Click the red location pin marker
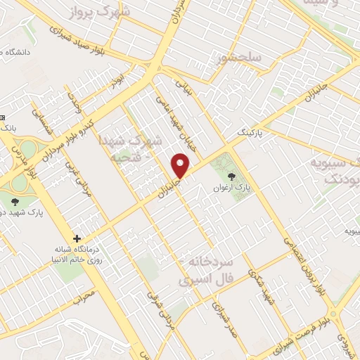[181, 166]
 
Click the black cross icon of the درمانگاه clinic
[77, 238]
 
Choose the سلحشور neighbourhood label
[239, 55]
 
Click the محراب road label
[83, 294]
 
